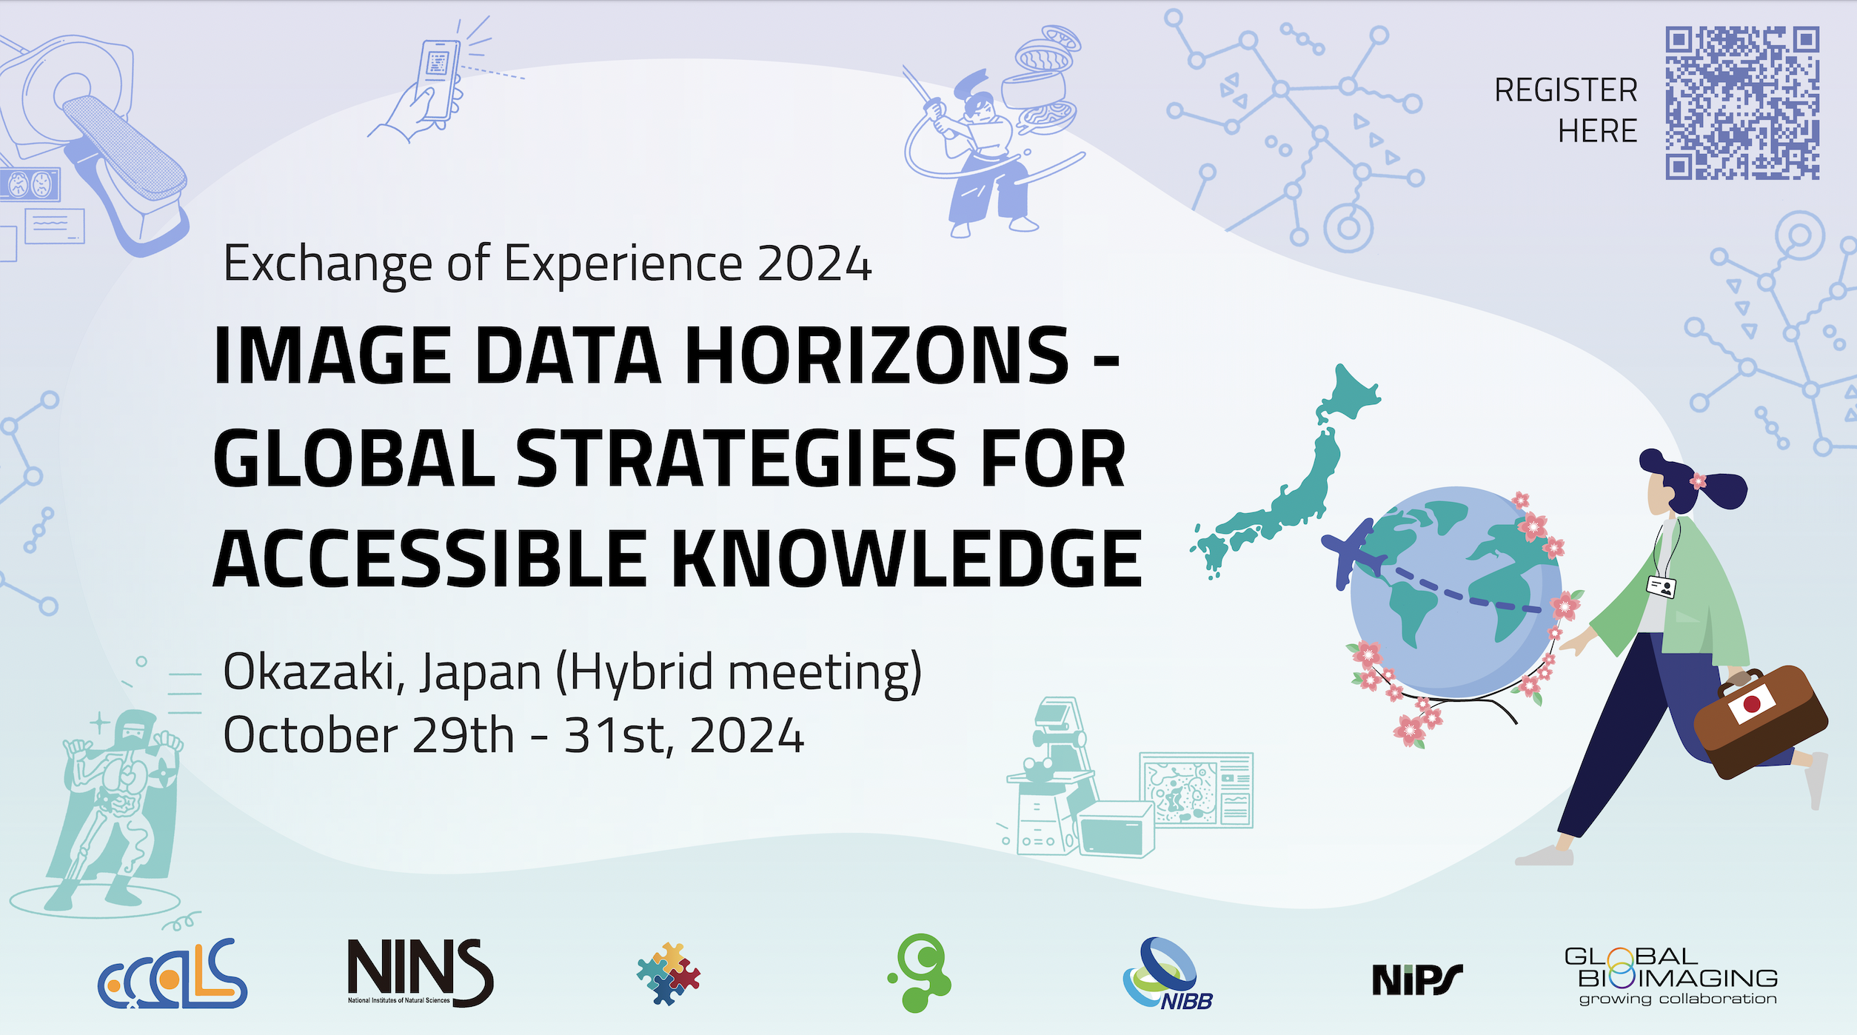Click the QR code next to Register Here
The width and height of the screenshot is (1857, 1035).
pos(1742,103)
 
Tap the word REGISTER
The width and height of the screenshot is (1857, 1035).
pos(1565,90)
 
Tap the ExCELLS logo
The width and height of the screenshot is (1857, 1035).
pos(173,974)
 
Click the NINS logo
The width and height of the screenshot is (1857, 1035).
pos(421,973)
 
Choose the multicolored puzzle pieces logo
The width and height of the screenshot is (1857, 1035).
pos(669,974)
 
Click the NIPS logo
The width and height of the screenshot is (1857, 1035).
pos(1417,979)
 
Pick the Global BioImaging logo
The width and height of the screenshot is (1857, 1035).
pos(1671,976)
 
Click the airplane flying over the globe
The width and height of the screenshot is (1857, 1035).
pos(1352,552)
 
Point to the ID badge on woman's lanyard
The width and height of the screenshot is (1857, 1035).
pos(1662,587)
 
